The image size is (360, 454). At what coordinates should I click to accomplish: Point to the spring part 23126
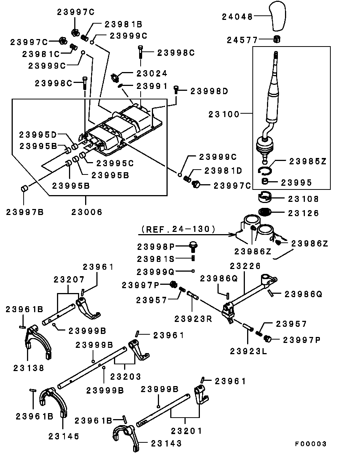[x=266, y=212]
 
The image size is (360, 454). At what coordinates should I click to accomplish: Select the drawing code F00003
[x=310, y=443]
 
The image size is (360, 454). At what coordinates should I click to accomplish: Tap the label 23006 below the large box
[x=87, y=212]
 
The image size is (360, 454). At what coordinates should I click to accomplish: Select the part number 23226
[x=245, y=266]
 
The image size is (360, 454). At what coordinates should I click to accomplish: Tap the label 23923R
[x=192, y=319]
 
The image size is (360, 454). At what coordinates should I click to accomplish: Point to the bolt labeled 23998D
[x=176, y=90]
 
